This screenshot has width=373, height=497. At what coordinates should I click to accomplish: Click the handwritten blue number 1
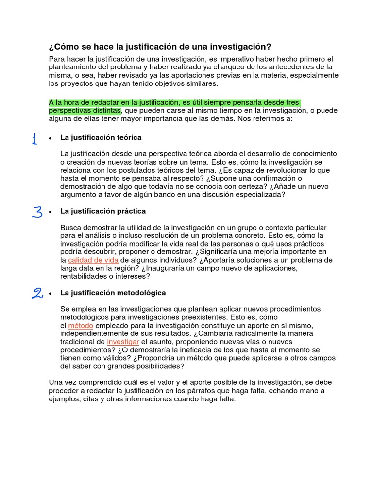(x=34, y=139)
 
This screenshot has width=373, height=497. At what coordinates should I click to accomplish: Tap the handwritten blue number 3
(x=37, y=212)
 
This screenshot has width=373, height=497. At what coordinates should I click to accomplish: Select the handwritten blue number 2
(x=37, y=293)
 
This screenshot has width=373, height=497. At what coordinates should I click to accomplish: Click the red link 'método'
(x=80, y=325)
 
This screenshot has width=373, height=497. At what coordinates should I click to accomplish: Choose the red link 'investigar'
(x=123, y=342)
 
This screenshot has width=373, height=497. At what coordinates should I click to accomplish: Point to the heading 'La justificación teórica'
(x=101, y=138)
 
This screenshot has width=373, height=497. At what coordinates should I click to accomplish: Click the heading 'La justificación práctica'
(x=103, y=211)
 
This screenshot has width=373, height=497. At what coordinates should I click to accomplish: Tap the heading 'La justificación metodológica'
(x=113, y=293)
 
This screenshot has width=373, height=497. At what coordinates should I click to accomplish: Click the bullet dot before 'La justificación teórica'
(x=51, y=138)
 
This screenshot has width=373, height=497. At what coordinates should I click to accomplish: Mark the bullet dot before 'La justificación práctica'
(x=51, y=212)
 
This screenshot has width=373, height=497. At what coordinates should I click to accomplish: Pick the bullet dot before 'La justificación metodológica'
(x=51, y=293)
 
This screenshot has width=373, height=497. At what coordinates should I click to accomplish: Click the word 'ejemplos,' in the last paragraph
(x=65, y=399)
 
